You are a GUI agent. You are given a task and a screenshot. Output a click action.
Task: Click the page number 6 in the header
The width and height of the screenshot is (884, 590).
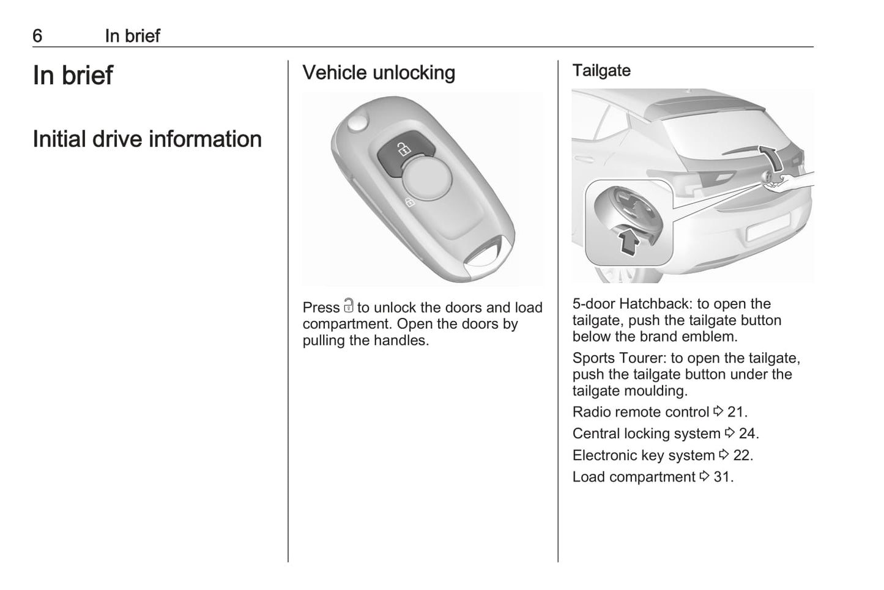pyautogui.click(x=37, y=36)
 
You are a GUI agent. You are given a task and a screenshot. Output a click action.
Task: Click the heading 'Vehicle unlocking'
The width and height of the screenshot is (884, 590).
pyautogui.click(x=379, y=73)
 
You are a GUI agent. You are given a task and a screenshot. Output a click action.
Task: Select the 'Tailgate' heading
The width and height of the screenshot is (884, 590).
pyautogui.click(x=601, y=71)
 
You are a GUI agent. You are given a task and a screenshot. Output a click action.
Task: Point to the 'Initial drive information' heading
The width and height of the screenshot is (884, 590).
pyautogui.click(x=147, y=139)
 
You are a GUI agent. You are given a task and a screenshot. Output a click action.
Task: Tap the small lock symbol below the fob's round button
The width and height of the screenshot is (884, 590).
pyautogui.click(x=409, y=202)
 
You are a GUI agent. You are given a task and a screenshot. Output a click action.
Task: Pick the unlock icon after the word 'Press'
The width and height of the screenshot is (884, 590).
pyautogui.click(x=348, y=306)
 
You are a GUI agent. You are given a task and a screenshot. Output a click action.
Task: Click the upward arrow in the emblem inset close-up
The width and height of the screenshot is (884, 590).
pyautogui.click(x=628, y=240)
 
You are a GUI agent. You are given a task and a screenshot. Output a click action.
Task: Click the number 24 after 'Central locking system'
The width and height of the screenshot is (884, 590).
pyautogui.click(x=747, y=433)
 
